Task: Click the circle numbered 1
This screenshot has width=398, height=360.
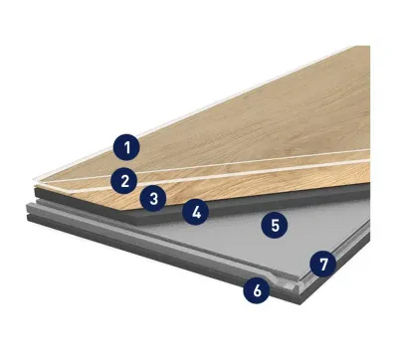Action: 126,147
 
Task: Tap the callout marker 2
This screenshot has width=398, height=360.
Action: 124,181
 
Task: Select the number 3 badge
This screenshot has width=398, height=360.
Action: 153,199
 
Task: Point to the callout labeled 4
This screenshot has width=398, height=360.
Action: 196,212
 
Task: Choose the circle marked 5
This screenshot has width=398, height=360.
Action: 275,225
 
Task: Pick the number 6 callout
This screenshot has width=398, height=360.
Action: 257,290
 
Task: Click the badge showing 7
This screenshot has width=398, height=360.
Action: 323,264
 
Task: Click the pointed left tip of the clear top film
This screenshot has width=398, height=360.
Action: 34,180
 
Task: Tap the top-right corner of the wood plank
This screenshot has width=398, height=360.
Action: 369,46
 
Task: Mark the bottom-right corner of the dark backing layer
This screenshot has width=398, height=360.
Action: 300,303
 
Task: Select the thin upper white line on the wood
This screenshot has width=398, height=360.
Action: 207,166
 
